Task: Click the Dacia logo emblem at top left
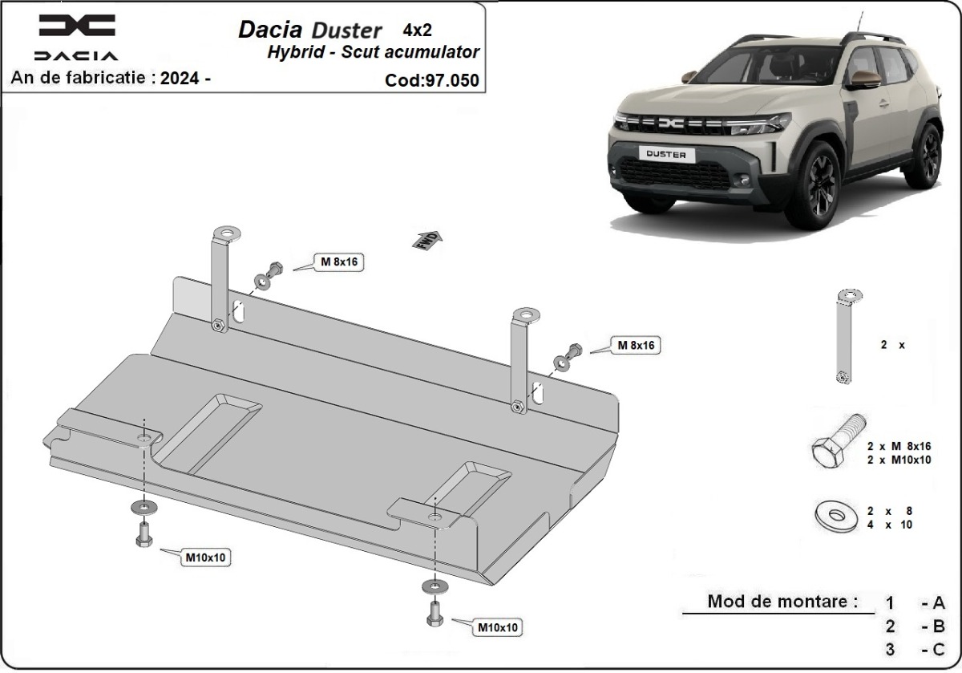(x=77, y=26)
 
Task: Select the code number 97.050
(x=453, y=80)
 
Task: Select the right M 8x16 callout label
(x=636, y=345)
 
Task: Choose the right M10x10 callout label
(x=498, y=626)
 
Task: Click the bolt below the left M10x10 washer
(x=143, y=534)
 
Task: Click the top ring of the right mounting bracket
(x=527, y=314)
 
